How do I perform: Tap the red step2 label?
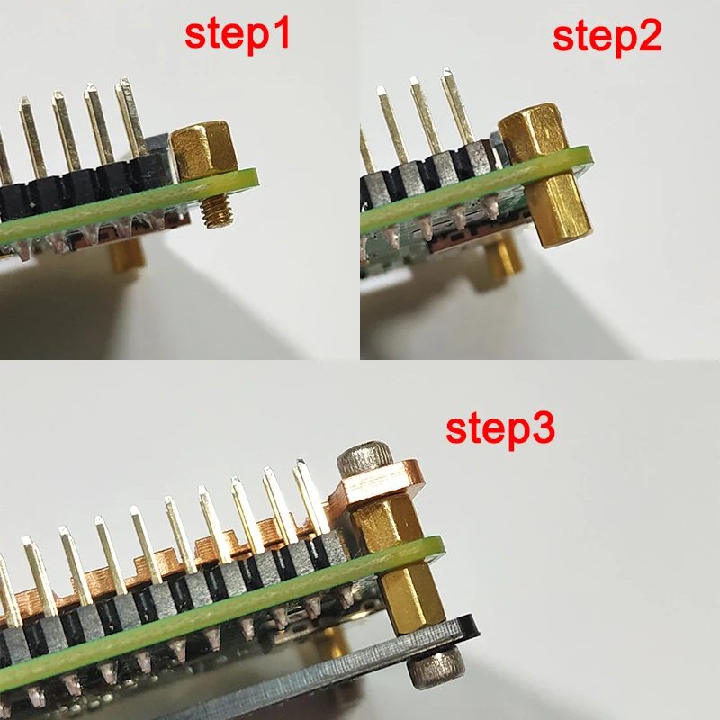607,37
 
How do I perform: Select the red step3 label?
500,429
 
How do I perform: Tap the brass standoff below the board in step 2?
559,208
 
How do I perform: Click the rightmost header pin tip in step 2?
446,71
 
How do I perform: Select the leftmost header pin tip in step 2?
381,89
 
